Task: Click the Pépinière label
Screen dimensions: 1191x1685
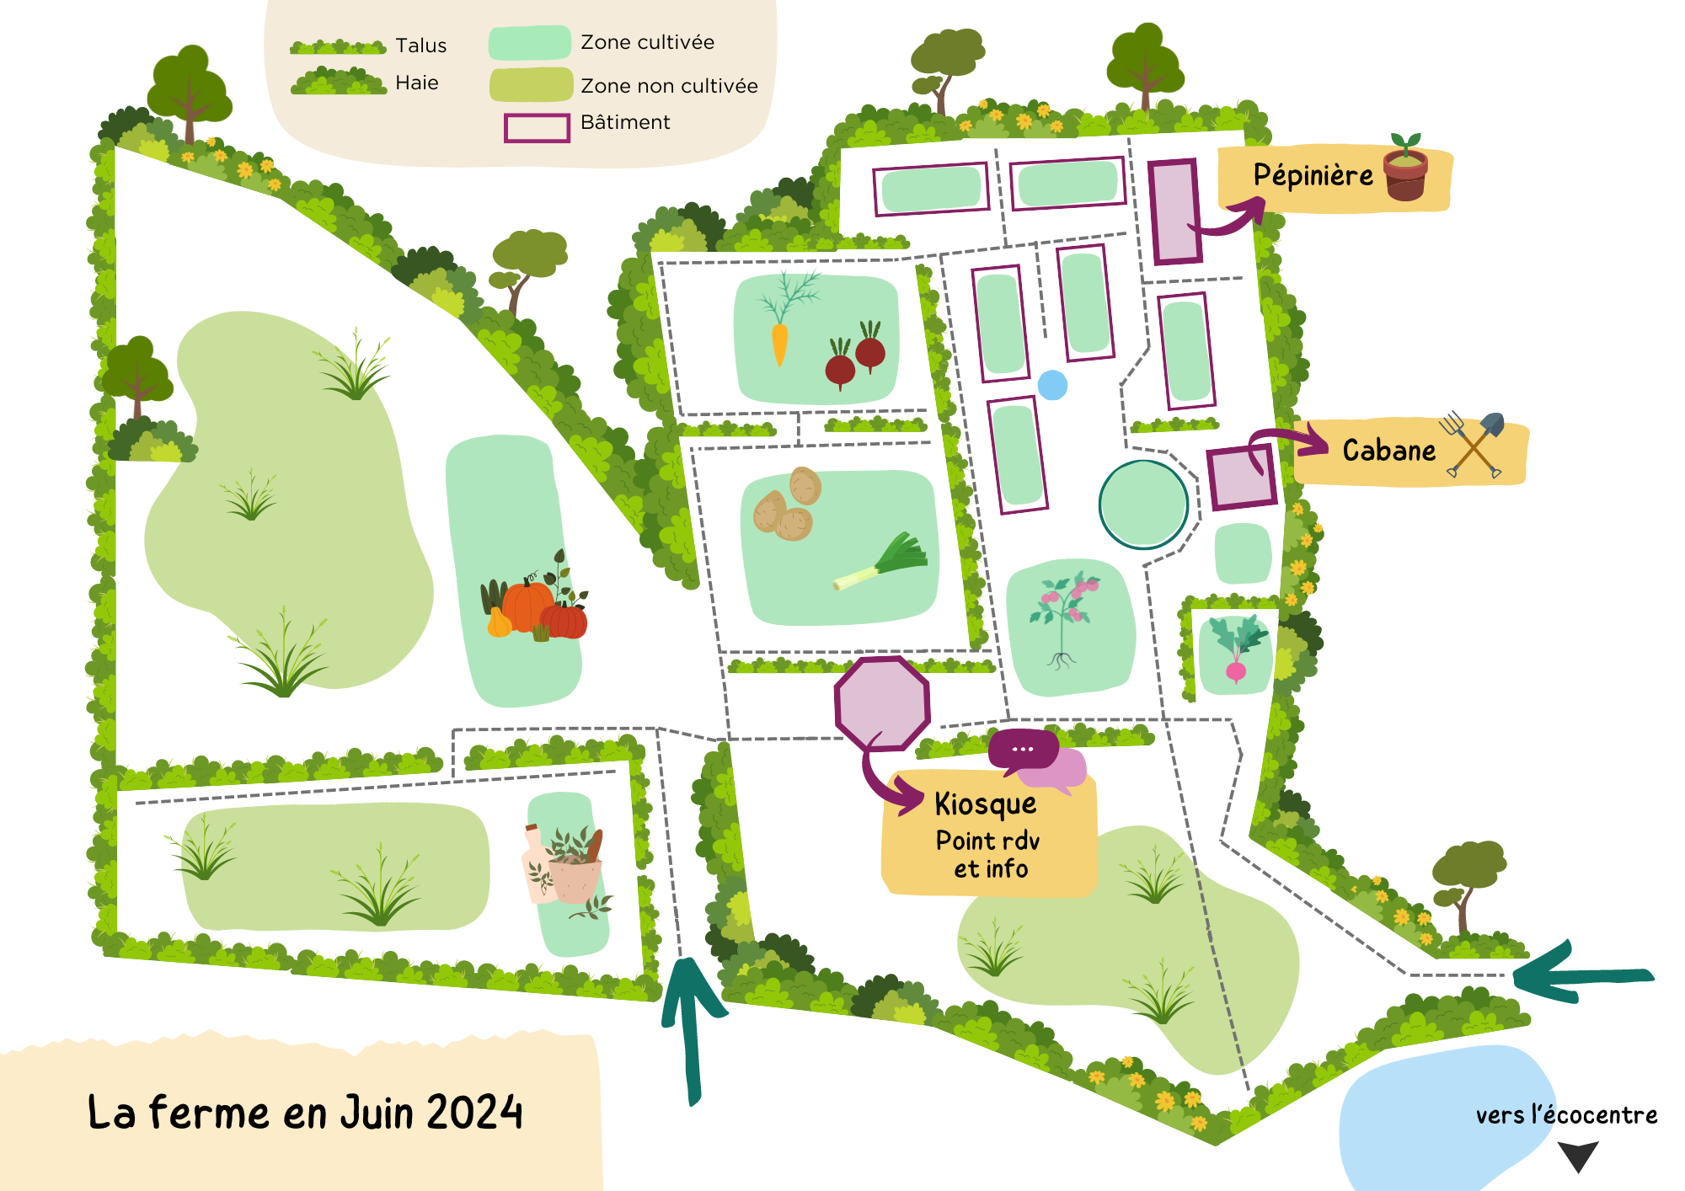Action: pos(1313,175)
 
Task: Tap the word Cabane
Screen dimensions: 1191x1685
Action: pos(1388,451)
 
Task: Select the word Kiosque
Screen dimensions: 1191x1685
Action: pos(985,804)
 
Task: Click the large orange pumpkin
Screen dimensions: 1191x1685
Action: pos(527,605)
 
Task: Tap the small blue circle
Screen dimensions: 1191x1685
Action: pos(1052,386)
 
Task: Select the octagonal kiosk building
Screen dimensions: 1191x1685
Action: pos(882,704)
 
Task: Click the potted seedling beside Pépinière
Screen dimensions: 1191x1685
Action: pos(1405,168)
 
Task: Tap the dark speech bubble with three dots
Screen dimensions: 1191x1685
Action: pos(1023,749)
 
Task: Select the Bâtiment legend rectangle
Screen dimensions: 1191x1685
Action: pos(537,128)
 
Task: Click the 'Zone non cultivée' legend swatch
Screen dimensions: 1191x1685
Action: pos(531,85)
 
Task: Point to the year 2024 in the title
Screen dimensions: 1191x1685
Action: pos(474,1113)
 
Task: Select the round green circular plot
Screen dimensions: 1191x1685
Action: pos(1143,505)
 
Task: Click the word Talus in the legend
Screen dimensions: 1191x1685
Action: pos(420,45)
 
